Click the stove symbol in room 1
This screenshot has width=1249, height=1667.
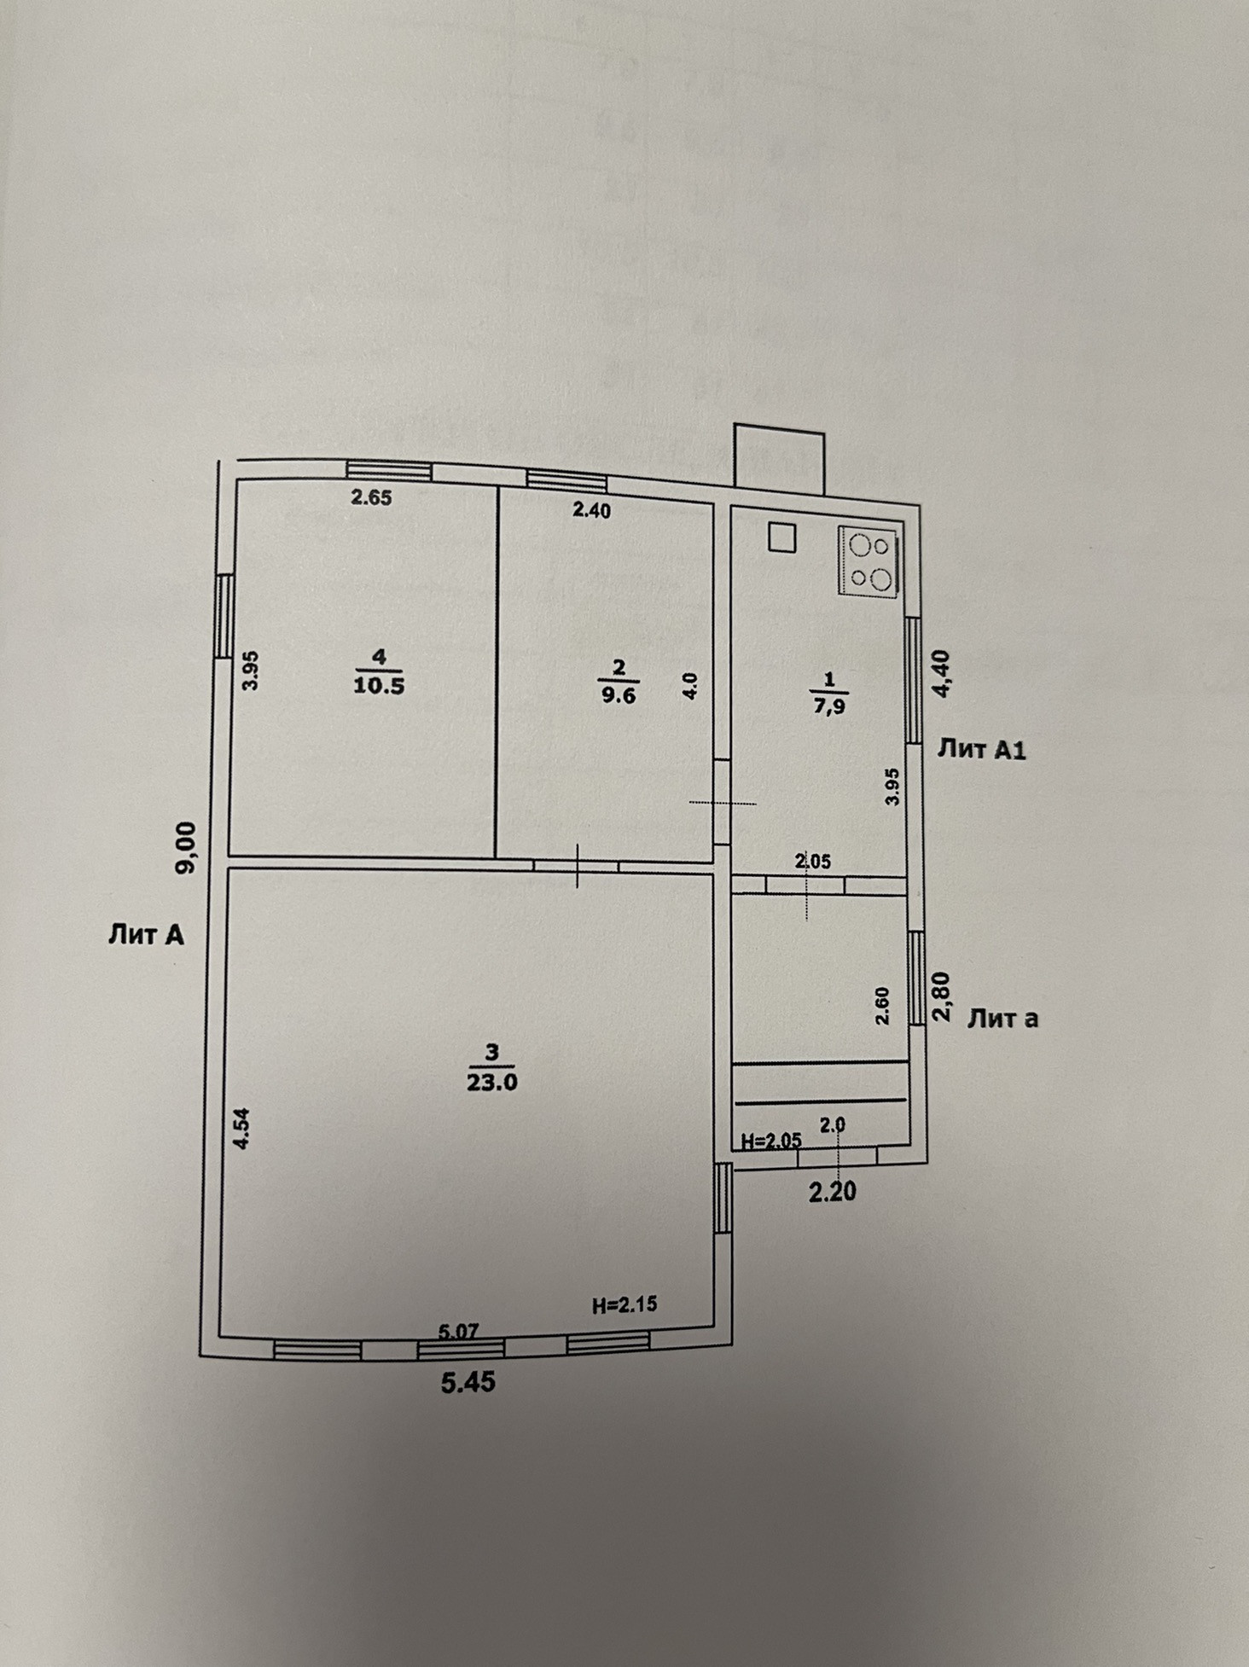(869, 560)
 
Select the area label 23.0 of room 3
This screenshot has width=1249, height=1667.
(492, 1082)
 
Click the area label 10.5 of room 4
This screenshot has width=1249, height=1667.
(379, 686)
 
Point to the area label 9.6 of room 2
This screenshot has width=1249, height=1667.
(619, 694)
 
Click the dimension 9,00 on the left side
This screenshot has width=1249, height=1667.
(187, 847)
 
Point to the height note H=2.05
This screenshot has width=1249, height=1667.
(771, 1141)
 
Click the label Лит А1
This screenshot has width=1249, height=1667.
(981, 750)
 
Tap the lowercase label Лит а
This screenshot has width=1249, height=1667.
(1002, 1019)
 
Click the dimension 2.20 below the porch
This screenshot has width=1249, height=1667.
(832, 1191)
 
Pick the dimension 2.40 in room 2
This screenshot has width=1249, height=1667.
(592, 511)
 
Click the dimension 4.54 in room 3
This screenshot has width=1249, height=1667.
(243, 1129)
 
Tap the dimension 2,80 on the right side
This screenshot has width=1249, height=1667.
(943, 997)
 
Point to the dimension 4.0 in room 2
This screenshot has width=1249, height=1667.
(691, 687)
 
